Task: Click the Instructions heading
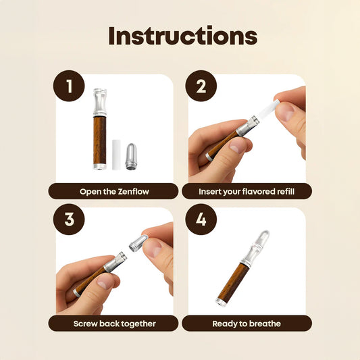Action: click(x=183, y=36)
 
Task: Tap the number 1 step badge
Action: click(x=69, y=86)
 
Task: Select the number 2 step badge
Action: click(x=201, y=86)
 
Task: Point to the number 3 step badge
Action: click(x=69, y=219)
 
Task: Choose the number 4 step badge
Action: click(x=201, y=219)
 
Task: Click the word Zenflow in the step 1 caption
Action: click(x=133, y=191)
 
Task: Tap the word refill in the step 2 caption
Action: click(x=286, y=191)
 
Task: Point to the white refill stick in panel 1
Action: click(x=116, y=155)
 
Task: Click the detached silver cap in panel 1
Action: click(x=131, y=157)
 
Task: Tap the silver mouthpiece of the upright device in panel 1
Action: click(x=100, y=103)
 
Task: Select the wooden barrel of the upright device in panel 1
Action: click(x=100, y=140)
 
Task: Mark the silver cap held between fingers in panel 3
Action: click(x=138, y=243)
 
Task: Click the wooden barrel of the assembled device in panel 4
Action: click(x=234, y=281)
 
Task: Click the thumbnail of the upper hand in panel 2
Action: click(x=284, y=111)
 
